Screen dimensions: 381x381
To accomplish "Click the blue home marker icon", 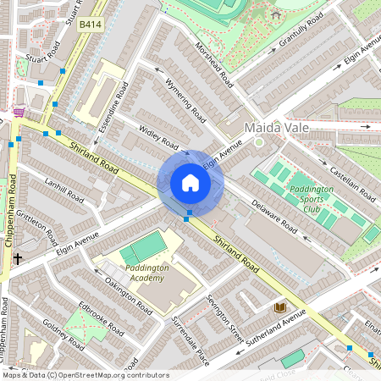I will pyautogui.click(x=190, y=183).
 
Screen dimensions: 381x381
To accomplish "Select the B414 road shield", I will pyautogui.click(x=91, y=26).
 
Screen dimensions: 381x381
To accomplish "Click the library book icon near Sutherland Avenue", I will pyautogui.click(x=280, y=306).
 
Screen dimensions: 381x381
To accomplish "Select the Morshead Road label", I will pyautogui.click(x=213, y=64).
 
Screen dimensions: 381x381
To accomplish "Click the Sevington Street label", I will pyautogui.click(x=226, y=318).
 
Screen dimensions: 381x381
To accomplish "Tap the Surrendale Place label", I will pyautogui.click(x=190, y=340).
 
